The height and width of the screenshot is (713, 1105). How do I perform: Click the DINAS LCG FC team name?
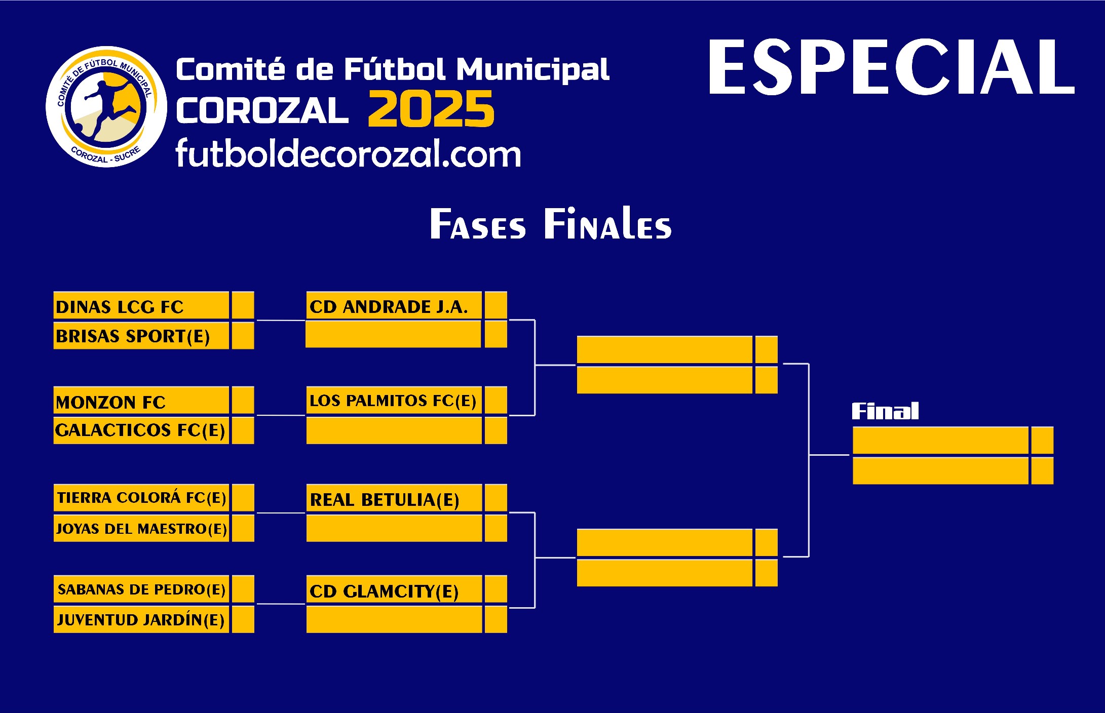point(120,307)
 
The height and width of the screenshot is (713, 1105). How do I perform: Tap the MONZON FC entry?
point(110,403)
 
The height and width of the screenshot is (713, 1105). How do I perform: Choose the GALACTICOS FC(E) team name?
point(140,430)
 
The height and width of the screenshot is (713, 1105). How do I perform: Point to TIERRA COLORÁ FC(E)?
point(141,498)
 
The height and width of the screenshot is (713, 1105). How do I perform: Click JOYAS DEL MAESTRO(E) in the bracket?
point(141,529)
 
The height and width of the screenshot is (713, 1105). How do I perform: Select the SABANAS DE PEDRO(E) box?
point(141,589)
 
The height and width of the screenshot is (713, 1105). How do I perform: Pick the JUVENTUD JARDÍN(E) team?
point(140,620)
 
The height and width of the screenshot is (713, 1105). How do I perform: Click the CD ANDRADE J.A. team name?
point(389,307)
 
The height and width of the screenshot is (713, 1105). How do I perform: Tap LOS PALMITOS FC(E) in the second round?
point(393,401)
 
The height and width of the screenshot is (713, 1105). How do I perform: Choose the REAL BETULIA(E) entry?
point(385,500)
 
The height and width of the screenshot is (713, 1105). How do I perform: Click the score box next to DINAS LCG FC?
point(243,305)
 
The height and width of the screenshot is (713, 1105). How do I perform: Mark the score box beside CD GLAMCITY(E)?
point(496,589)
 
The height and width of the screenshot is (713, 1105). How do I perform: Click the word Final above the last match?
point(885,411)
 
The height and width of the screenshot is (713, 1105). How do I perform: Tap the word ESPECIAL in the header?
point(891,67)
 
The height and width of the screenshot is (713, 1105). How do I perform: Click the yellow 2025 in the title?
point(431,109)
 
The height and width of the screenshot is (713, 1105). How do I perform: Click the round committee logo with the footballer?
point(106,107)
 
